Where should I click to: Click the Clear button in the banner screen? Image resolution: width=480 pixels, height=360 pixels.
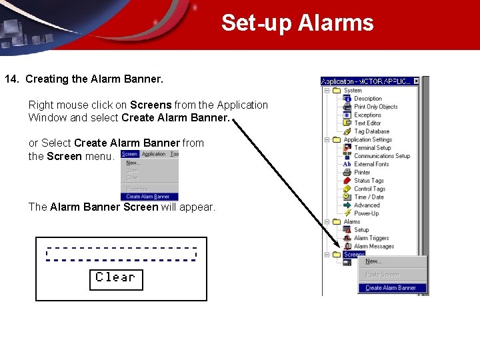click(x=116, y=279)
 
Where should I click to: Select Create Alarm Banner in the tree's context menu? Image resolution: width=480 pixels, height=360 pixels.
click(x=391, y=288)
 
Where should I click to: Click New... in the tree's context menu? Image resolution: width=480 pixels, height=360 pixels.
click(x=373, y=261)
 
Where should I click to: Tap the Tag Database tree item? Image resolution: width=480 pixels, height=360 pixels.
click(x=371, y=131)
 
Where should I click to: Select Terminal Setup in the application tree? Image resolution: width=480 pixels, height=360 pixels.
click(x=372, y=148)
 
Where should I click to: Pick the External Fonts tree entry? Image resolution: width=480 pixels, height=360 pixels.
click(x=371, y=164)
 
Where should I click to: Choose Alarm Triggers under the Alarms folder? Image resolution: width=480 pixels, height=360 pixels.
click(x=371, y=238)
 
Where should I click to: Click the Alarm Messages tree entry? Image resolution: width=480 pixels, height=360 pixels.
click(x=373, y=246)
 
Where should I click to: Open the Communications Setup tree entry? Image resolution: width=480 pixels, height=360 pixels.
click(x=381, y=156)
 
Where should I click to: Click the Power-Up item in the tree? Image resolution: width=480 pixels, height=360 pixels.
click(x=366, y=213)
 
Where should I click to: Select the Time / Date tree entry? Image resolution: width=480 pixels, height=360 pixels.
click(x=369, y=197)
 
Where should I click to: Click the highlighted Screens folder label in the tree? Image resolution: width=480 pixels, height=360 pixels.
click(x=354, y=255)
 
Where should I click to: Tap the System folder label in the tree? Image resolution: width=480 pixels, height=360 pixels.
click(x=353, y=91)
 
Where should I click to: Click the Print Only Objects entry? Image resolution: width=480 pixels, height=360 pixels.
click(x=375, y=107)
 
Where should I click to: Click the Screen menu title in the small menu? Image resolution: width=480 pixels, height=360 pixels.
click(x=129, y=154)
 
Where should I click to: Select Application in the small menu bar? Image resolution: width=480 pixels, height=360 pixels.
click(x=153, y=154)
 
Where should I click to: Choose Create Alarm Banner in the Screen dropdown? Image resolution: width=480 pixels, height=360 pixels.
click(x=148, y=197)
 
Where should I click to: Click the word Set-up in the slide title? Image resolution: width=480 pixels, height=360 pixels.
click(x=257, y=23)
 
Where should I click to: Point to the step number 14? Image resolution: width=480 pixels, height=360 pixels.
click(x=11, y=79)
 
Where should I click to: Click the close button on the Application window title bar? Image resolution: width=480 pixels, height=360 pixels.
click(x=416, y=81)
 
